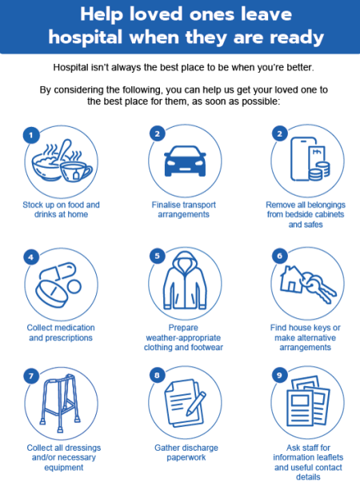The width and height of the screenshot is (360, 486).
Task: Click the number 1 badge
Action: [31, 133]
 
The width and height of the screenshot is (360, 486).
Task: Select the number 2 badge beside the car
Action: [156, 133]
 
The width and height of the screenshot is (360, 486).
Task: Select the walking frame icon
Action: [58, 407]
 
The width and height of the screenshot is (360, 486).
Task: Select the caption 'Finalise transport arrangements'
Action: [180, 209]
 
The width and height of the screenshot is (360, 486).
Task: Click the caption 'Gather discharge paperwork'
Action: [180, 453]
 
